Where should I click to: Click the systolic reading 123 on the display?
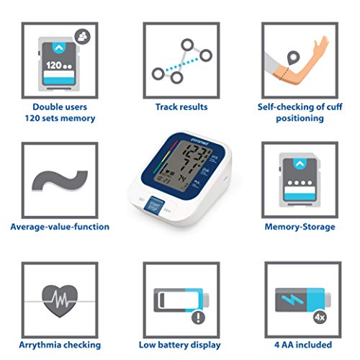point(178,158)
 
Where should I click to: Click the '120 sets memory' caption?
point(60,119)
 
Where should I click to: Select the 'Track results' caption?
point(181,107)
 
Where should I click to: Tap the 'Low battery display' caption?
point(181,346)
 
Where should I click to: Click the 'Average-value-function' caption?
point(60,226)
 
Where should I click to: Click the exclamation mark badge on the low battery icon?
point(197,317)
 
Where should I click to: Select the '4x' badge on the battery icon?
point(317,318)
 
